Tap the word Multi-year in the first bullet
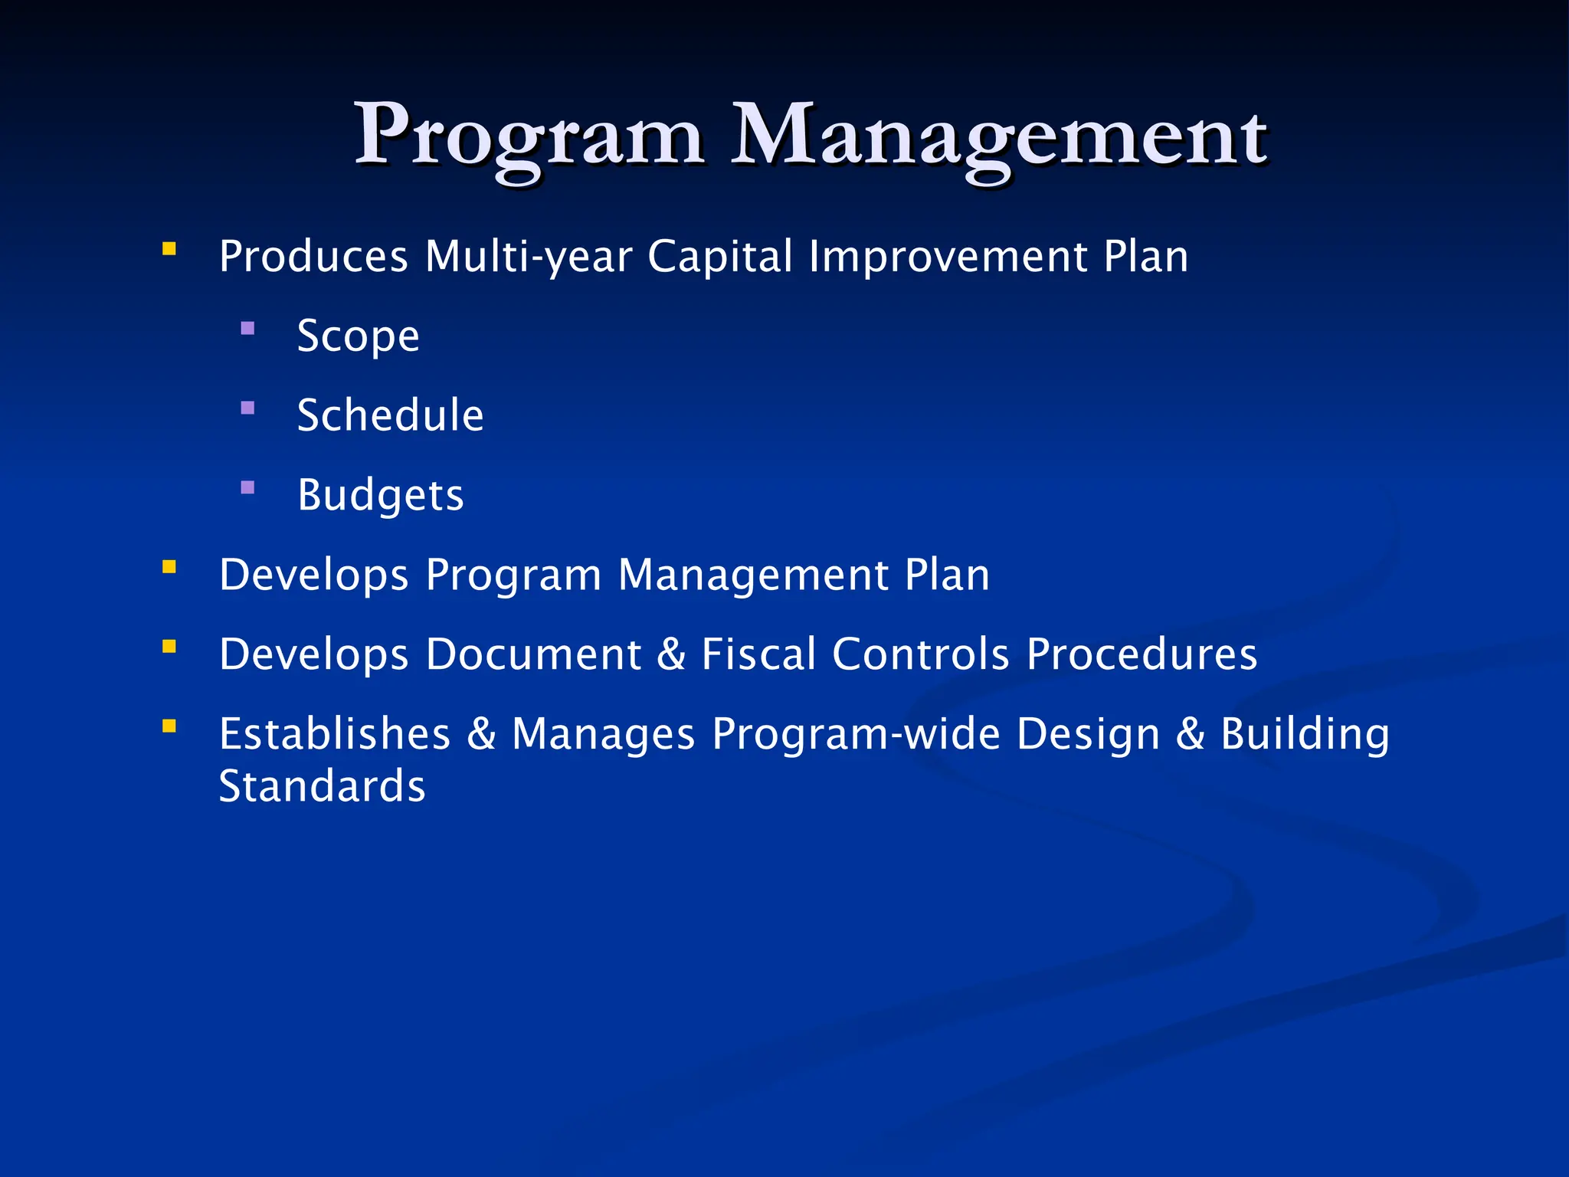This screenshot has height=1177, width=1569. tap(529, 257)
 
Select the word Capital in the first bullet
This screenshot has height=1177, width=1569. tap(720, 257)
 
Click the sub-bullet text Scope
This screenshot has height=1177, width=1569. tap(359, 336)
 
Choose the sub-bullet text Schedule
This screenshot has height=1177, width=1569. tap(391, 415)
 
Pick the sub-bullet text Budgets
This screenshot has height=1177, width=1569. tap(381, 496)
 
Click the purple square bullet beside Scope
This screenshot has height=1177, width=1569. tap(247, 329)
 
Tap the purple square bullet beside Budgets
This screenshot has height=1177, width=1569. tap(247, 487)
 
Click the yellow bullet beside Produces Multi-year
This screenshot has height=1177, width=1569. tap(169, 248)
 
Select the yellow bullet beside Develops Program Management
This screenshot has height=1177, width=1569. tap(169, 567)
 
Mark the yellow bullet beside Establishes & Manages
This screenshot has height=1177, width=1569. tap(169, 726)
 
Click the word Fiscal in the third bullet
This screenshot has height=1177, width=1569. tap(758, 654)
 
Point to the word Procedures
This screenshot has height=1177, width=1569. tap(1142, 654)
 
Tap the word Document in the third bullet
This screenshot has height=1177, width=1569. tap(533, 654)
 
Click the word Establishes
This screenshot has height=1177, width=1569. tap(335, 734)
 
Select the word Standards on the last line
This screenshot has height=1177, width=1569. tap(322, 787)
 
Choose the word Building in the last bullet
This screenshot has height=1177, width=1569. tap(1305, 734)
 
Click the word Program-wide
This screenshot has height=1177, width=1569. tap(856, 734)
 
